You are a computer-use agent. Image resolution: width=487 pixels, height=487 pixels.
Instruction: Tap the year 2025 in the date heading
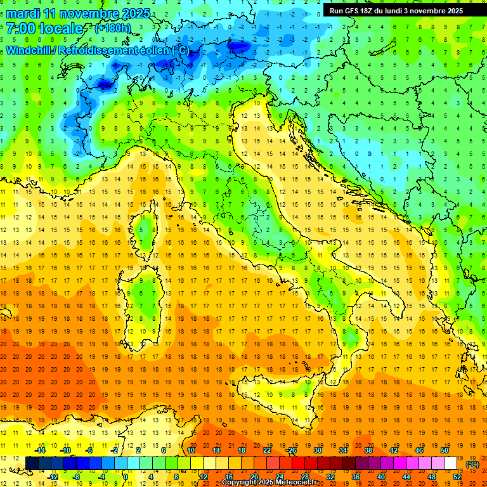point(134,13)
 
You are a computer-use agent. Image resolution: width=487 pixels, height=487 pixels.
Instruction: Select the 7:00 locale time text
point(44,29)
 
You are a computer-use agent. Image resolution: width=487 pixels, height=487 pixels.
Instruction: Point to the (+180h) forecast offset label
point(112,29)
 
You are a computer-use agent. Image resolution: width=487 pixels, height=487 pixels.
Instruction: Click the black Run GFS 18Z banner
point(396,11)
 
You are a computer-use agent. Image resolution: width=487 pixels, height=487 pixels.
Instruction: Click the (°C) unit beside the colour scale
point(472,464)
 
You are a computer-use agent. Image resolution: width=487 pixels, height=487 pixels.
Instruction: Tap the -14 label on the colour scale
point(40,450)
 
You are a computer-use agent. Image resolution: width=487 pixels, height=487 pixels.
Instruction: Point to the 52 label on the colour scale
point(457,476)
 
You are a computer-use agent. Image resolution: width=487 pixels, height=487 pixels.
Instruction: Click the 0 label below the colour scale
point(126,476)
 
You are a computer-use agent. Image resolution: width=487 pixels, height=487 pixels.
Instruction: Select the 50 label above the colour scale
point(444,450)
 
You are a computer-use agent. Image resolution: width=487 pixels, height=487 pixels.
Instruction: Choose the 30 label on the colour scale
point(317,450)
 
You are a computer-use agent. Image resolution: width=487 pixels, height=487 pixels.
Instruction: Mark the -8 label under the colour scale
point(77,476)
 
